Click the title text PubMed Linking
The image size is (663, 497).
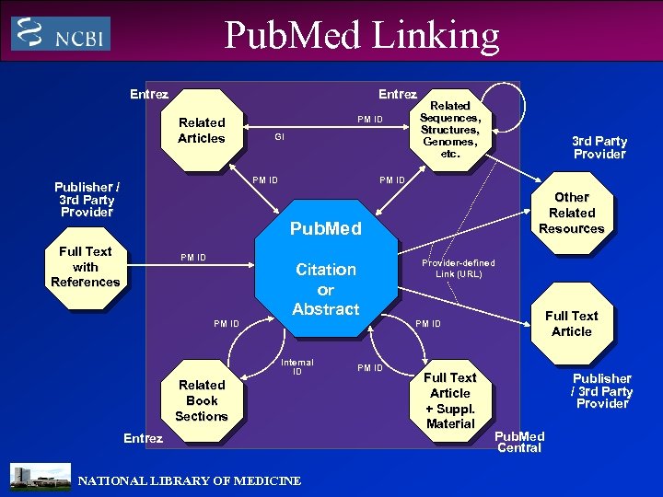tap(362, 35)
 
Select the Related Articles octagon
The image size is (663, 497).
tap(202, 130)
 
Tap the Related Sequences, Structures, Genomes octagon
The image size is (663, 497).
tap(450, 130)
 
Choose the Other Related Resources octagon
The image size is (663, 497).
tap(571, 213)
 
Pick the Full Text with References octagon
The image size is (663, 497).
tap(85, 266)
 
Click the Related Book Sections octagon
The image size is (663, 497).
tap(202, 400)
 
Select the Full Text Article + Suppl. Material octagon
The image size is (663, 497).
tap(450, 400)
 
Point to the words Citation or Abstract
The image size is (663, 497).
tap(325, 289)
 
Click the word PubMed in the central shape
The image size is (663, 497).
tap(325, 228)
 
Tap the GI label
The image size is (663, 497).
tap(279, 137)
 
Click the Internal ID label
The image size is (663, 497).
tap(297, 367)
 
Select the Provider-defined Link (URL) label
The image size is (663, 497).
tap(458, 268)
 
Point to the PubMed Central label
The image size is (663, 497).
tap(520, 442)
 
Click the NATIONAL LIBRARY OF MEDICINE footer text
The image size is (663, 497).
tap(189, 480)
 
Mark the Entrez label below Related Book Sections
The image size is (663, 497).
tap(143, 439)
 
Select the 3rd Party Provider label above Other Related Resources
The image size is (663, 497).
tap(599, 147)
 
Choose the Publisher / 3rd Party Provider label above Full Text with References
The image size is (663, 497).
tap(87, 199)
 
